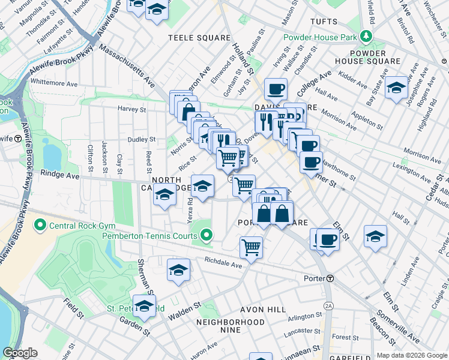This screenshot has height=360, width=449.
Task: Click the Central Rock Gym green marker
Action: [x=40, y=226]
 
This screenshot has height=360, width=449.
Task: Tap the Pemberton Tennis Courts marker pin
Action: [x=206, y=236]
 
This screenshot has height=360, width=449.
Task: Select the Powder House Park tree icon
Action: [x=366, y=37]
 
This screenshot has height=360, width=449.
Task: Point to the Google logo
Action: [x=20, y=353]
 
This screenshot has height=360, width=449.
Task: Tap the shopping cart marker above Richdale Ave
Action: [x=251, y=246]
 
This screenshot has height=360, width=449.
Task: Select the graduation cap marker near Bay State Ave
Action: [x=396, y=88]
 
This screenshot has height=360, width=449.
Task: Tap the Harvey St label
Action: [x=131, y=109]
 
